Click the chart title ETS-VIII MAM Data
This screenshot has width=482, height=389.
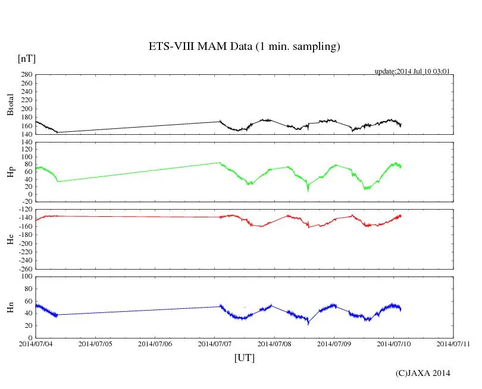pos(244,46)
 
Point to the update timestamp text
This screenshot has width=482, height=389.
pos(412,71)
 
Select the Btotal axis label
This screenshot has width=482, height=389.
pos(10,105)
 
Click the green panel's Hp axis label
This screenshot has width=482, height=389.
pos(10,172)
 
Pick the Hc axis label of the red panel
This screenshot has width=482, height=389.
pos(10,239)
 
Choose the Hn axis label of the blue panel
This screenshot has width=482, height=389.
pos(10,307)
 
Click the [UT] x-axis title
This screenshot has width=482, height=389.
pos(244,358)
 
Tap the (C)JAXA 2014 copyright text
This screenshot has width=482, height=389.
pos(422,373)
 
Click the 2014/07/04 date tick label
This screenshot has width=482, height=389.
pos(36,343)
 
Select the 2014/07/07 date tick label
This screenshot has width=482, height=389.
pos(215,343)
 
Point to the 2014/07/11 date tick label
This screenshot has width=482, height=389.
pos(453,343)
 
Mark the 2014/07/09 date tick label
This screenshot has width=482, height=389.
pos(334,343)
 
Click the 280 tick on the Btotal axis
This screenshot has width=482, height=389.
pos(26,75)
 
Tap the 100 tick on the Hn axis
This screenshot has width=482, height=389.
pos(26,276)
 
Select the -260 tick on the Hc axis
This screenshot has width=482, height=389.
pos(24,268)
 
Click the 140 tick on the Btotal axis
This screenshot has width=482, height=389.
pos(26,134)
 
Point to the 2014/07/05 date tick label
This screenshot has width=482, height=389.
pos(95,343)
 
